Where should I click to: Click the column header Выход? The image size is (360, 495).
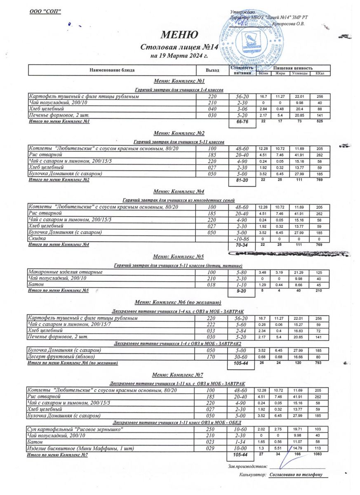pos(212,70)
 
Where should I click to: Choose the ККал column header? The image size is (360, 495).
pos(320,73)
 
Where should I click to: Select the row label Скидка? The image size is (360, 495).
pos(37,239)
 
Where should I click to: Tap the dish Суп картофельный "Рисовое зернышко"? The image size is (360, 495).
pos(75,429)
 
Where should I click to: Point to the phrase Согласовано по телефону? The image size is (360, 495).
pos(296,475)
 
